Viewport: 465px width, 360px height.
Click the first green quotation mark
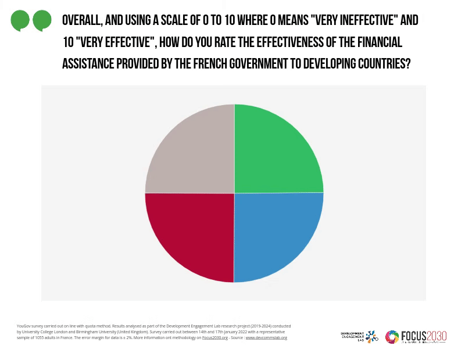tap(20, 20)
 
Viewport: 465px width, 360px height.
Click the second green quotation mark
tap(42, 20)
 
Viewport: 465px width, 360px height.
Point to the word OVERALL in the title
tap(81, 21)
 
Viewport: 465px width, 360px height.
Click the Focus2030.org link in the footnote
tap(215, 337)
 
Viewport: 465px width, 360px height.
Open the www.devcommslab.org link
tap(266, 337)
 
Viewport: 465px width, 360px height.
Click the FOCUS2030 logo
tap(416, 337)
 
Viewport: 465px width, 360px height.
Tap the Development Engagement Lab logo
tap(359, 337)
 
